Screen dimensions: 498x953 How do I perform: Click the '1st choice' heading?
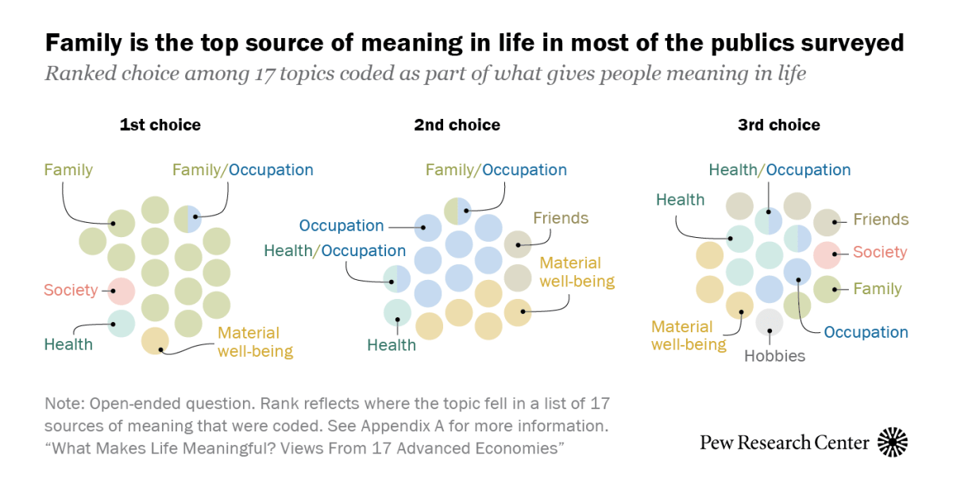tap(160, 125)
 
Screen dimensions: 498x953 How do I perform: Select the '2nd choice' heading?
tap(457, 125)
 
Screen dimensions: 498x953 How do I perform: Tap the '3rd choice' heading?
tap(778, 125)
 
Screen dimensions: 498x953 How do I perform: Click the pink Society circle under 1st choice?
tap(121, 290)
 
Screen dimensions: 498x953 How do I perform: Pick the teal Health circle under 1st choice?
tap(121, 324)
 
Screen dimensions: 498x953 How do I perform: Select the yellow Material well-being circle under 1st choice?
tap(155, 340)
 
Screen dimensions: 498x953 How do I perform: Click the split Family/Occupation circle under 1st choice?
tap(188, 217)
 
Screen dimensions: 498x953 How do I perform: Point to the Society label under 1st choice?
tap(71, 290)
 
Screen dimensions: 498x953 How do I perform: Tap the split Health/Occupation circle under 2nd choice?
tap(396, 279)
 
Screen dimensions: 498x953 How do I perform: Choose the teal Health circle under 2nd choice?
tap(396, 312)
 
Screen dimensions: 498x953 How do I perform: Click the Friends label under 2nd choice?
tap(561, 218)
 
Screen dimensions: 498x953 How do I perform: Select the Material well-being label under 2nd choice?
tap(577, 271)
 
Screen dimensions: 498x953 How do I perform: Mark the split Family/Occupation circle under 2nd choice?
tap(457, 211)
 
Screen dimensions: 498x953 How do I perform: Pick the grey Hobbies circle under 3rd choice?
tap(769, 322)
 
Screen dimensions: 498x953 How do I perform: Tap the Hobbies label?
tap(774, 356)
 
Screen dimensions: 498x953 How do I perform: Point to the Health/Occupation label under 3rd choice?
tap(779, 170)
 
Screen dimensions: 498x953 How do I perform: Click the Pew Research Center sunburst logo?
tap(893, 442)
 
